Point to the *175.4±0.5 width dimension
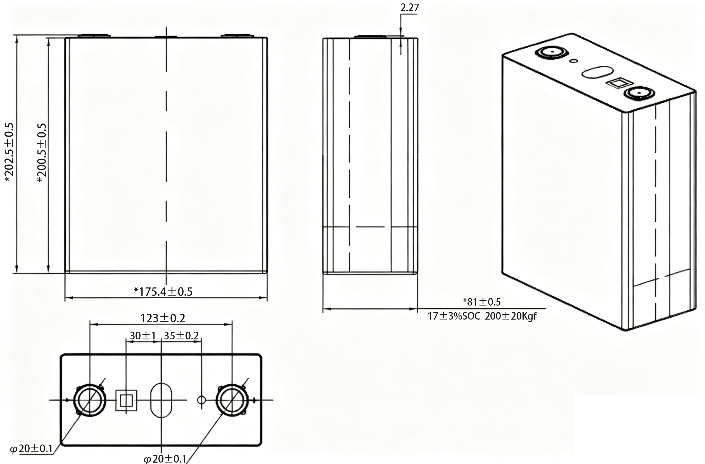[x=163, y=292]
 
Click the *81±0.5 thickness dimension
[x=482, y=302]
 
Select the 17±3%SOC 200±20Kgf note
[x=482, y=316]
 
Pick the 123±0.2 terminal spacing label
[x=163, y=318]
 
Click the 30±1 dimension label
[x=143, y=335]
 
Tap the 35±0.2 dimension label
[x=181, y=335]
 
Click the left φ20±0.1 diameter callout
[x=31, y=449]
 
